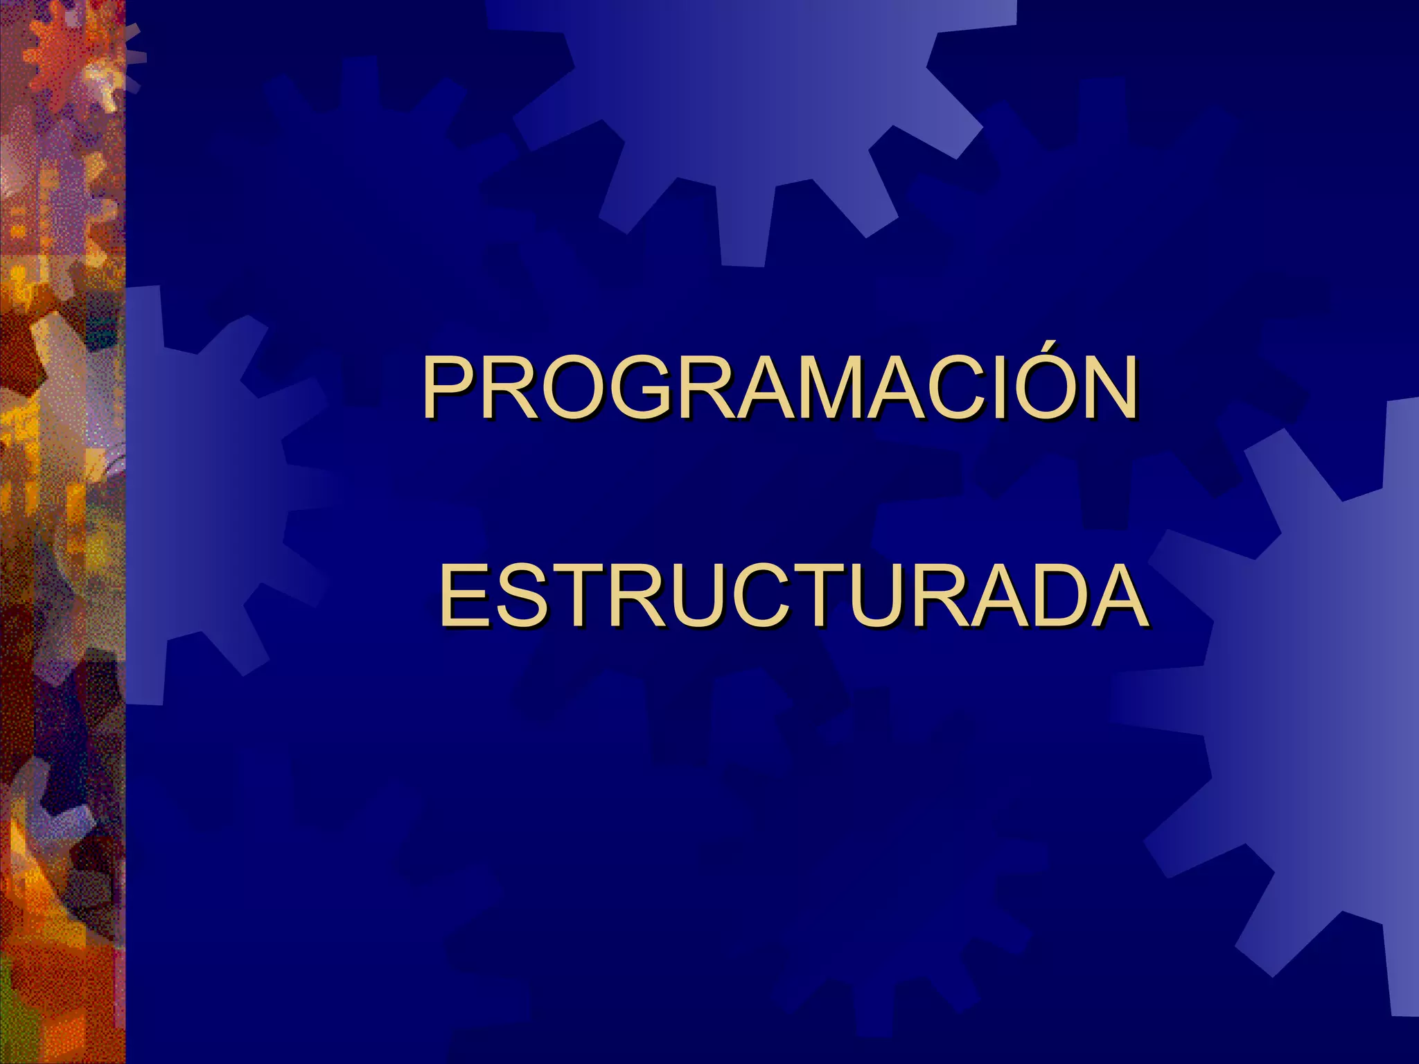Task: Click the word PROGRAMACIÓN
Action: click(779, 388)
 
